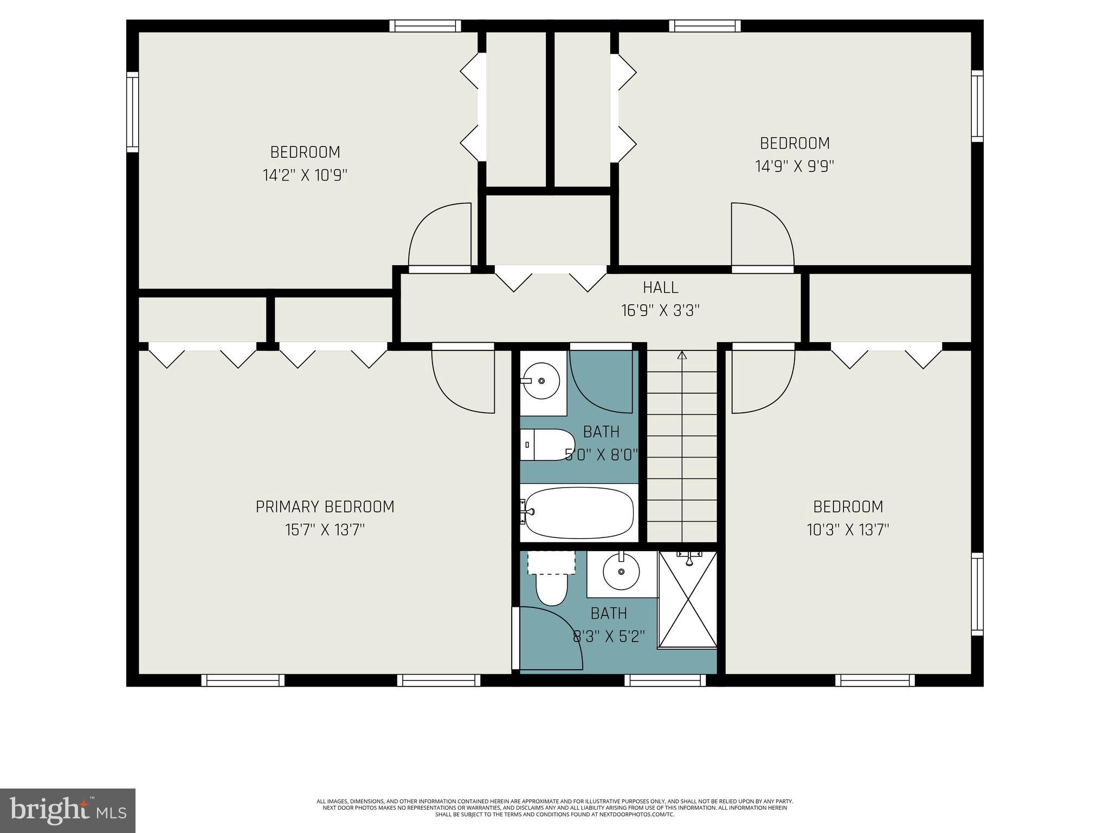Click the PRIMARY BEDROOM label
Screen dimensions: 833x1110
click(325, 507)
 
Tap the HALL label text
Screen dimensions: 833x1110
click(660, 287)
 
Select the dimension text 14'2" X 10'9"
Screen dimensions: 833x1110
click(305, 175)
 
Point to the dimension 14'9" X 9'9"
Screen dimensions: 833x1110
click(795, 166)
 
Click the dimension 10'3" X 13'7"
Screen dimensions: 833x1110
click(848, 529)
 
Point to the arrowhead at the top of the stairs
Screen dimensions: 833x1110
click(682, 356)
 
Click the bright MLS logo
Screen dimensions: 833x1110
click(68, 811)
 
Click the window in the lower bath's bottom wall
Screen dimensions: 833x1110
click(665, 680)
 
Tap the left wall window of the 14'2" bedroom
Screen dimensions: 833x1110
click(132, 112)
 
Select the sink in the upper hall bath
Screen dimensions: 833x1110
click(541, 381)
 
